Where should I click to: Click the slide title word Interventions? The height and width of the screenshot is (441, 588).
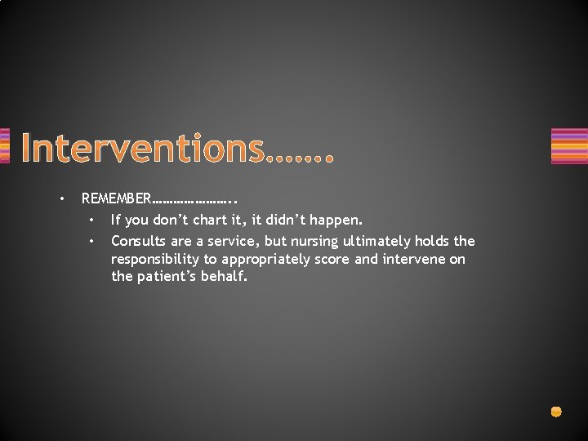coord(143,149)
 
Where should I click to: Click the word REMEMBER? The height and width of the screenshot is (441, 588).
coord(116,198)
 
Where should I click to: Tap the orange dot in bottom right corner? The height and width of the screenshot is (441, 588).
coord(556,412)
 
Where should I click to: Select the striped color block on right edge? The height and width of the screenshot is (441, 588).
coord(568,146)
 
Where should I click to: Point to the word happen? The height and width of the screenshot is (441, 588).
coord(336,220)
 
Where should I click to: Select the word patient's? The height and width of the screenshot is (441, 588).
coord(168,277)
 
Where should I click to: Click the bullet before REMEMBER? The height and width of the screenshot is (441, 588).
coord(60,198)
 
